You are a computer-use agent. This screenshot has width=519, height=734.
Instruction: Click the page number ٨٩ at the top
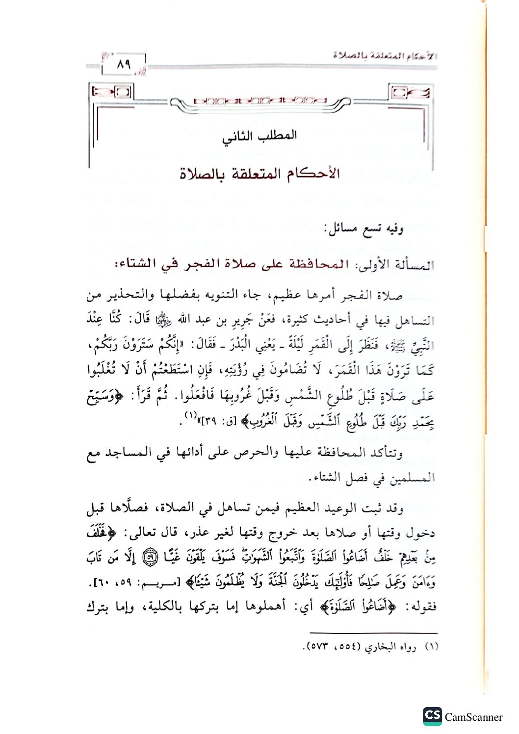[124, 64]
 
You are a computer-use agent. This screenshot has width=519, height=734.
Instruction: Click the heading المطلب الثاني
[259, 136]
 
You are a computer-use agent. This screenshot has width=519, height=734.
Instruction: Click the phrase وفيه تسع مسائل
[363, 229]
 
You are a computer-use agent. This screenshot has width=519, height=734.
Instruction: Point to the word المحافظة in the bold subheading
[318, 264]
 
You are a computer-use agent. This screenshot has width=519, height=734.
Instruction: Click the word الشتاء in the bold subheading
[139, 264]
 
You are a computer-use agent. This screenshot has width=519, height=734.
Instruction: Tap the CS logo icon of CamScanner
[432, 716]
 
